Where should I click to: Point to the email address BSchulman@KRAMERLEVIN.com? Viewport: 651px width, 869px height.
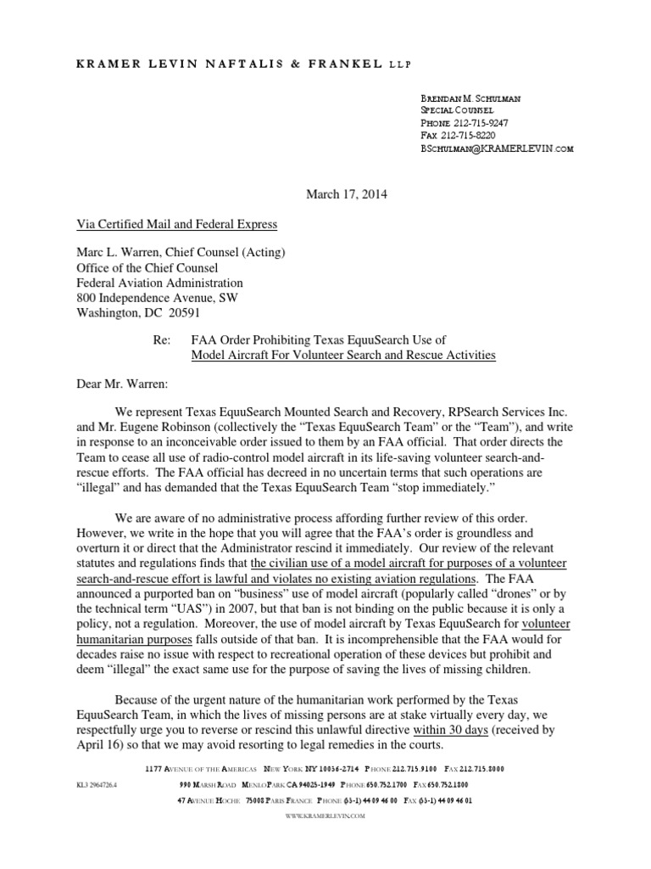coord(497,148)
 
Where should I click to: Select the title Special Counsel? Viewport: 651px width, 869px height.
coord(457,110)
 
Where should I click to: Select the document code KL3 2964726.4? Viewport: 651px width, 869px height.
coord(96,785)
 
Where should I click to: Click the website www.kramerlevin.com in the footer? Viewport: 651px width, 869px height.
coord(325,815)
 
